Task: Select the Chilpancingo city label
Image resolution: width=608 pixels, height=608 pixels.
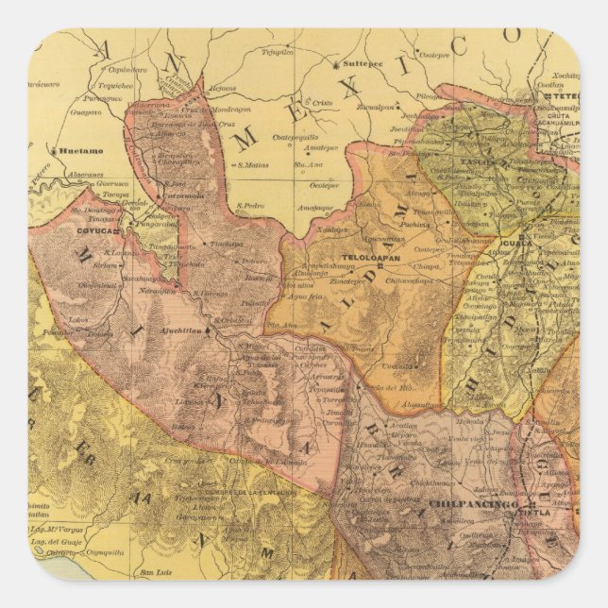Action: (474, 506)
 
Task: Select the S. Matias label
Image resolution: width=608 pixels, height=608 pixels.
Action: (253, 164)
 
